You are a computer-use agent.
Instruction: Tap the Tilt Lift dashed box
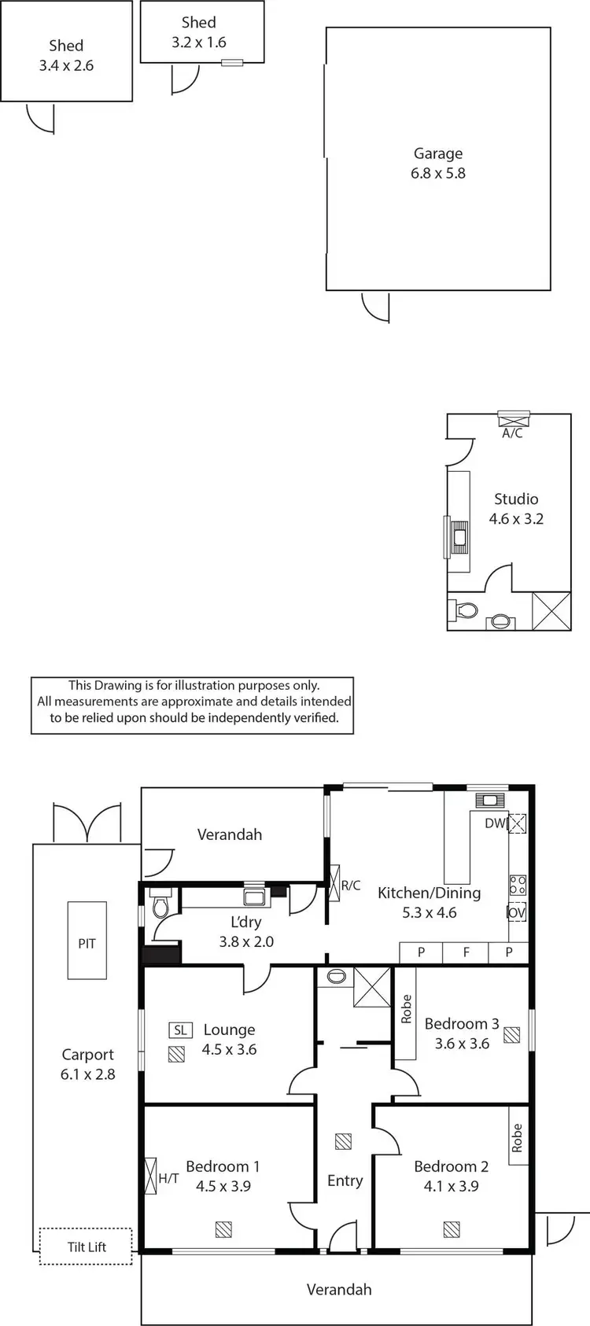[87, 1247]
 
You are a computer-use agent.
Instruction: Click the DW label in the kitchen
[495, 823]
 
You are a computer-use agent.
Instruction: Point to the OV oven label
[516, 912]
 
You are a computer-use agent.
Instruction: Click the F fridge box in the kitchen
[466, 952]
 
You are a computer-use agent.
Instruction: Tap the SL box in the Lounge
[180, 1029]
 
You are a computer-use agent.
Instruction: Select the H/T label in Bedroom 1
[168, 1178]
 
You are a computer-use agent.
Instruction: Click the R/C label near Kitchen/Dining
[351, 886]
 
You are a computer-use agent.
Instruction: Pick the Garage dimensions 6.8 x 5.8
[438, 173]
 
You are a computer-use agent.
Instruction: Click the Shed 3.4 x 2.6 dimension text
[66, 65]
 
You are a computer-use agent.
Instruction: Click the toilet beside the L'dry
[160, 907]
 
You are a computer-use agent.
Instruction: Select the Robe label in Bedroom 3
[406, 1009]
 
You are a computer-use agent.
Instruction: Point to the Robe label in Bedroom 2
[517, 1138]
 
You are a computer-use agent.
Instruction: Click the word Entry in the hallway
[345, 1181]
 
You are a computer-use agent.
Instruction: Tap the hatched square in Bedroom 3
[512, 1035]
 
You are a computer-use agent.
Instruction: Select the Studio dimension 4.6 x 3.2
[516, 518]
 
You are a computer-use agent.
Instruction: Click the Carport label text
[88, 1055]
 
